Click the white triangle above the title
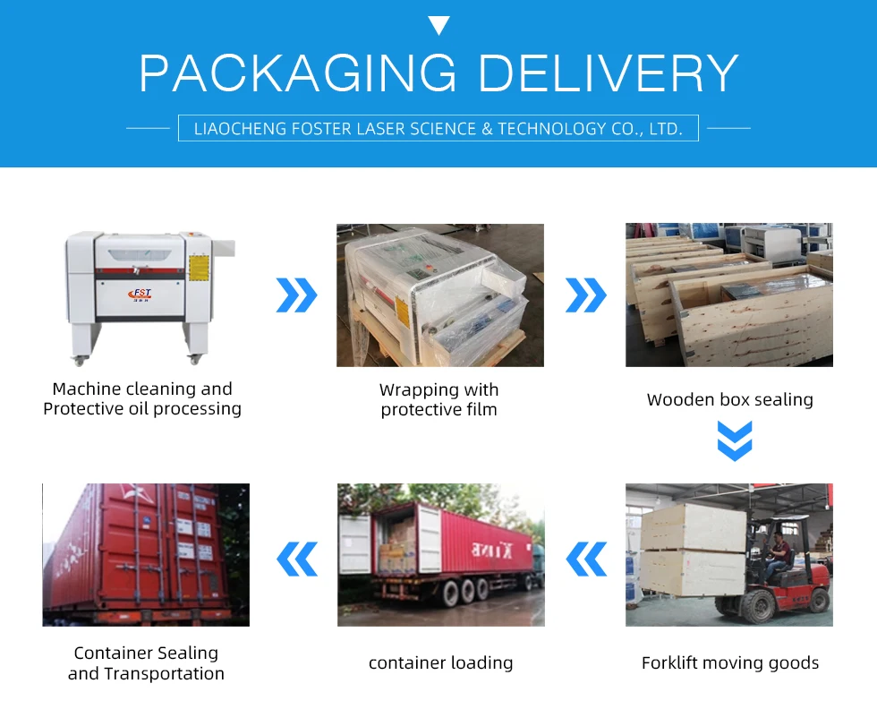[x=438, y=25]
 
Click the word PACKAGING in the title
[x=297, y=73]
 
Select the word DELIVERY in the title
[x=609, y=73]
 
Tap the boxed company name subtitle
[x=438, y=128]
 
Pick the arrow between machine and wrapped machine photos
[x=296, y=295]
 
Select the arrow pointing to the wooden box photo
[x=586, y=295]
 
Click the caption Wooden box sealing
[x=729, y=400]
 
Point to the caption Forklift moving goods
[x=729, y=663]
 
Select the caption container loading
[x=440, y=663]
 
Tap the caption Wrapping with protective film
[x=438, y=400]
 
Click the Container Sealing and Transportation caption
[x=146, y=663]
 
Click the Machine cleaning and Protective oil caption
[x=142, y=398]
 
